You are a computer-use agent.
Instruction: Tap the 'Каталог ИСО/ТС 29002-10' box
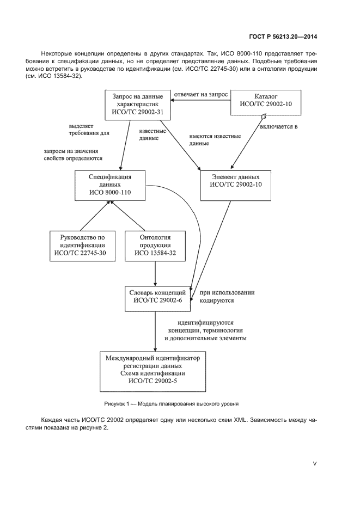click(265, 103)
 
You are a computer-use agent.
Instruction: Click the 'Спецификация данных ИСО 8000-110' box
click(110, 185)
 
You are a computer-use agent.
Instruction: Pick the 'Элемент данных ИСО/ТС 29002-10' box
click(235, 185)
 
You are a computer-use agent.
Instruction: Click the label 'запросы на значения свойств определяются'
click(74, 155)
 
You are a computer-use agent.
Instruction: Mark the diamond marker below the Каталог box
click(264, 116)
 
